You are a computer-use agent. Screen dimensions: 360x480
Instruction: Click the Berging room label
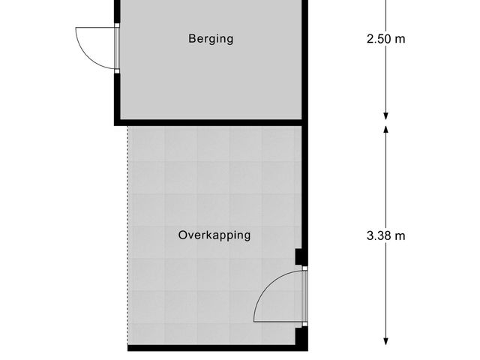[x=210, y=39]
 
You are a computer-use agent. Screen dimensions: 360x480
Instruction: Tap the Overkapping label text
[x=214, y=235]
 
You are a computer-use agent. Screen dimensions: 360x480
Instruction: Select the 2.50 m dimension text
[x=385, y=39]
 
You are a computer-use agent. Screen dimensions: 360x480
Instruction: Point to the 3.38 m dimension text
[x=385, y=235]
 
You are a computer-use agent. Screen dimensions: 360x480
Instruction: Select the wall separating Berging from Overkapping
[x=210, y=121]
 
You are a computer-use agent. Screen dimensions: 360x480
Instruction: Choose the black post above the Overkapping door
[x=301, y=258]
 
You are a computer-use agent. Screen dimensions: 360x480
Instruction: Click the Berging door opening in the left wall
[x=117, y=49]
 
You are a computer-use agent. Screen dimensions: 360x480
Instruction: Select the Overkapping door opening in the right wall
[x=304, y=296]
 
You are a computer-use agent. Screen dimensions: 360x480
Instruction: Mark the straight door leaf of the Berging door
[x=96, y=28]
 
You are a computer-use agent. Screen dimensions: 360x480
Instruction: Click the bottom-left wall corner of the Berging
[x=117, y=121]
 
